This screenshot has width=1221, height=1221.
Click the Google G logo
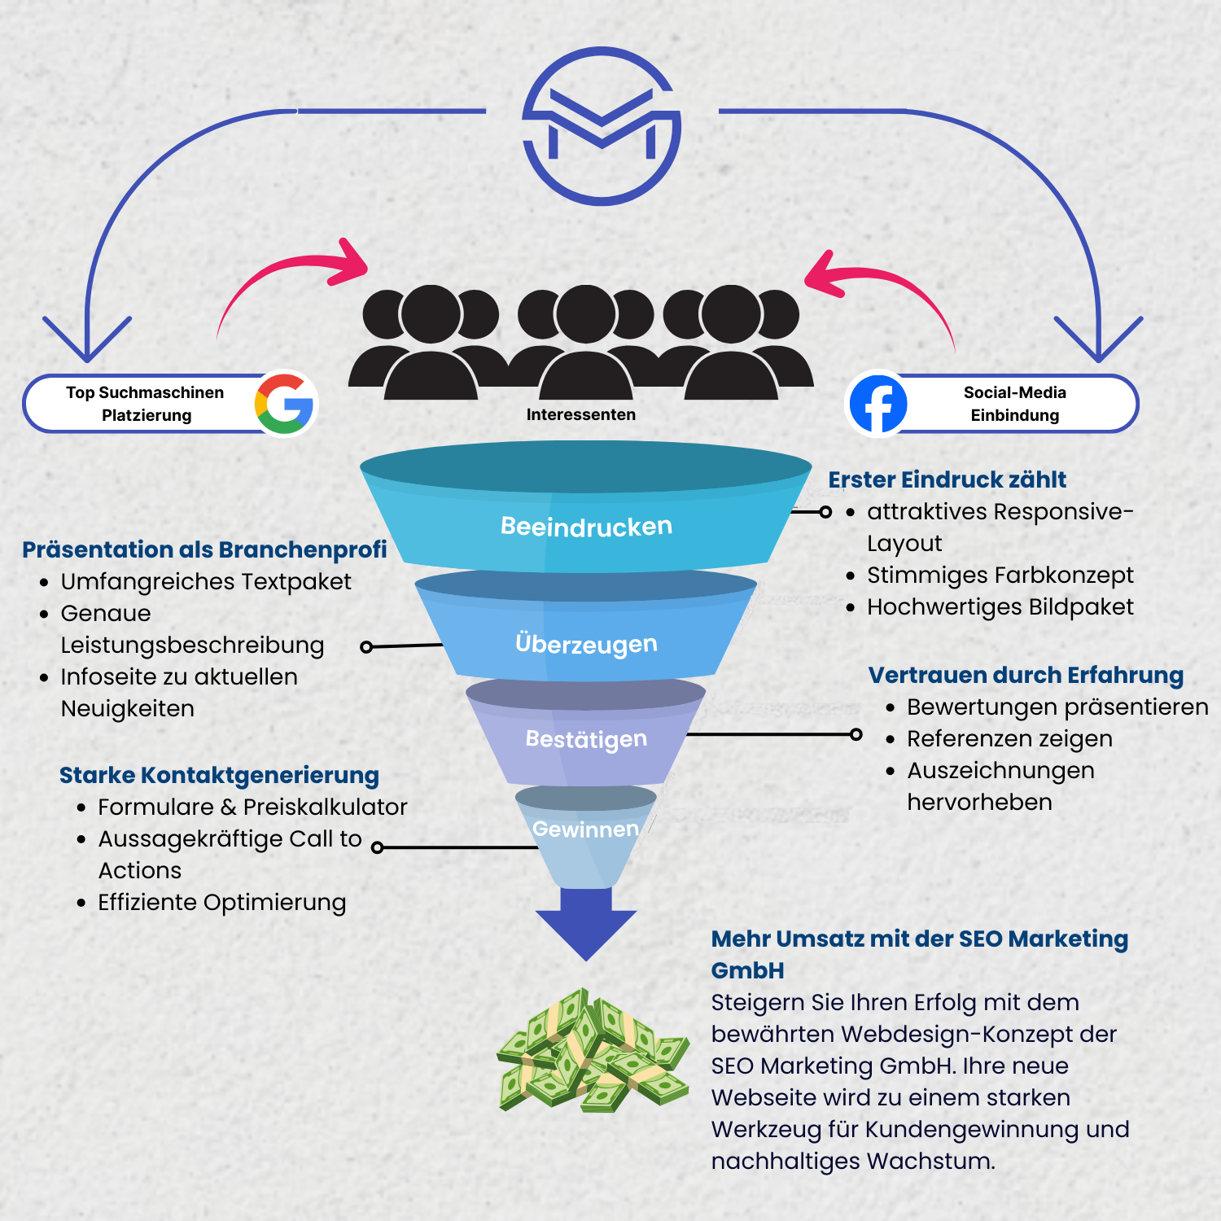pos(285,404)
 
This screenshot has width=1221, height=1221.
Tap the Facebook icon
pos(877,404)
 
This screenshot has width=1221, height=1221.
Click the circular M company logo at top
pos(602,126)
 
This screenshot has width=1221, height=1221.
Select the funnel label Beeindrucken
pos(586,527)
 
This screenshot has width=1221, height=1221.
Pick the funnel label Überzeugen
pos(586,644)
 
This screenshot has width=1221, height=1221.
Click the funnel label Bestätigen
pos(586,739)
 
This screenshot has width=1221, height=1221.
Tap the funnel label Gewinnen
pos(585,829)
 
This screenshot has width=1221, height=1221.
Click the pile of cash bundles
pos(593,1050)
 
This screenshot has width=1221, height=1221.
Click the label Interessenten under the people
pos(580,414)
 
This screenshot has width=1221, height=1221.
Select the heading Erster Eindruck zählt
pos(947,479)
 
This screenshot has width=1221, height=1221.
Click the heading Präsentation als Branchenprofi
pos(204,549)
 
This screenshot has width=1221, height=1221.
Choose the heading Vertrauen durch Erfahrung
pos(1026,675)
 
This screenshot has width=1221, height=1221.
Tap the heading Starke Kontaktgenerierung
pos(219,775)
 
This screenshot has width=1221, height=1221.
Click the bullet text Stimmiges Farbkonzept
pos(1000,575)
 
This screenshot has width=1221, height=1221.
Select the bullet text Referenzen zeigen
pos(1009,738)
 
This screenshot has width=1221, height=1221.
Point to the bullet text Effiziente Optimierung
pos(221,902)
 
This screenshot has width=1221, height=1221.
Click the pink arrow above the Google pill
pos(293,277)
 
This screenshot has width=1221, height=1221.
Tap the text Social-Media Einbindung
pos(1014,404)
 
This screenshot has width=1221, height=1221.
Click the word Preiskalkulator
pos(325,807)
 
